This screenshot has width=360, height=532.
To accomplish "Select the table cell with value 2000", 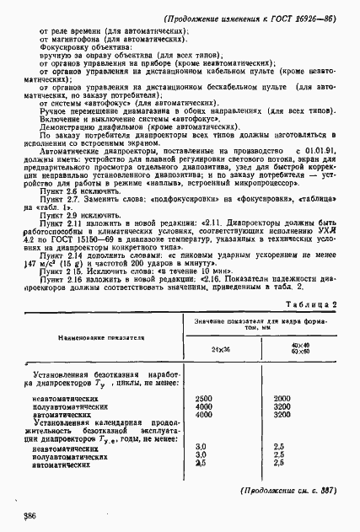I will point(282,398).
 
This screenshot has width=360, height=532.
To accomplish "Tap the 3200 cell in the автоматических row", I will point(282,415).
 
